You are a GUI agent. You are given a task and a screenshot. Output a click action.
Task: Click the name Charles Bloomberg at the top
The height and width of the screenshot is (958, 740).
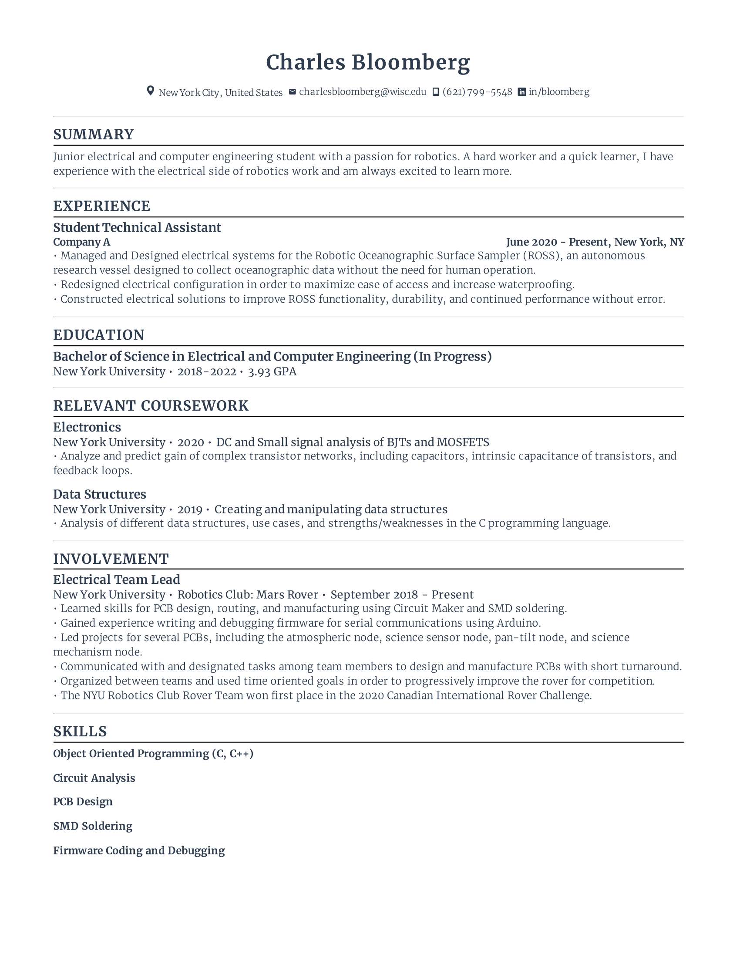(368, 62)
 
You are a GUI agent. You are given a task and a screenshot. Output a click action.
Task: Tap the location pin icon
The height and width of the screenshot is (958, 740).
(150, 91)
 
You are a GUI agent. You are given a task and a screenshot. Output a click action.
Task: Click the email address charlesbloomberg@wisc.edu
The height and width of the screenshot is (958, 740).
(363, 92)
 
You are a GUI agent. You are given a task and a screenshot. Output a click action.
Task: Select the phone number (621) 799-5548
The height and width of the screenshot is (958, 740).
(477, 92)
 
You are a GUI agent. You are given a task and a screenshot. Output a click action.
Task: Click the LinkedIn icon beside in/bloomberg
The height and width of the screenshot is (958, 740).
(521, 92)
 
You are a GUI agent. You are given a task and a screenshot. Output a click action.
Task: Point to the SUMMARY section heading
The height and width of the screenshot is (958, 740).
(94, 134)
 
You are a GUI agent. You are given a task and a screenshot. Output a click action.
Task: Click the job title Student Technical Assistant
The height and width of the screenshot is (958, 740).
(137, 227)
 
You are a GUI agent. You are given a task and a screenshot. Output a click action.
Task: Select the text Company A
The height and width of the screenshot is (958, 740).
(81, 242)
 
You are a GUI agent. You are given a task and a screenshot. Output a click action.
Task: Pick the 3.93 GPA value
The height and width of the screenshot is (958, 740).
(272, 371)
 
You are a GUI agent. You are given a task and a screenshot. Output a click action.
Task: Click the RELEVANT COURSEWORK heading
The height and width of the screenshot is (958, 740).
(151, 406)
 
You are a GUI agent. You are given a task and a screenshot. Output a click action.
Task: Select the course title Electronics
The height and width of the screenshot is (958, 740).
(87, 427)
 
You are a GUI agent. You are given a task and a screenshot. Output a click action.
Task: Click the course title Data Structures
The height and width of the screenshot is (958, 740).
(100, 494)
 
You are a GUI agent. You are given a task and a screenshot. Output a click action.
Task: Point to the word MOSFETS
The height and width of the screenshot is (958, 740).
(463, 442)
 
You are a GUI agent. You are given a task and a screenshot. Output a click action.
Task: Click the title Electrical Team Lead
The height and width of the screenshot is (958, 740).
(117, 580)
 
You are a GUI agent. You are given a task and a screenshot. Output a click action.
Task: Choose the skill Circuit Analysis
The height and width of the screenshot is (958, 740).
(94, 778)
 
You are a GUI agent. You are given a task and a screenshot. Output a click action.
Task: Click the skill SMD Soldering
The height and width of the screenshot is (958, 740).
(92, 826)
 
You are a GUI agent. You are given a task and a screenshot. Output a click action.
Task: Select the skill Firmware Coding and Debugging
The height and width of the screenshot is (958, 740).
(138, 850)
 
